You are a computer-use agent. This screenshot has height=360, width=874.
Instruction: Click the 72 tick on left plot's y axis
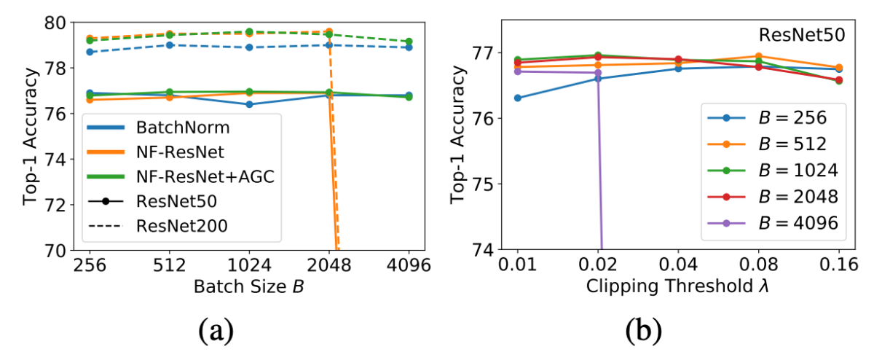tap(55, 205)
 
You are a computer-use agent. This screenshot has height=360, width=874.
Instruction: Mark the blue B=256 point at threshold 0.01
tap(518, 98)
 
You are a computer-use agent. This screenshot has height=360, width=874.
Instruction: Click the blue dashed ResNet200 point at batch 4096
tap(409, 47)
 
